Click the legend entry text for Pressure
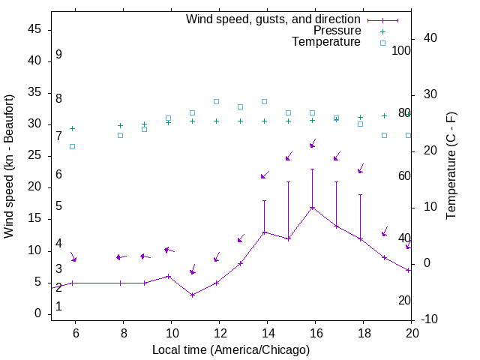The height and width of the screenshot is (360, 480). (337, 31)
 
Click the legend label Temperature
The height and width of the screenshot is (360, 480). (326, 42)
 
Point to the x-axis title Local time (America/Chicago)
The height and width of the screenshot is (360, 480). (230, 349)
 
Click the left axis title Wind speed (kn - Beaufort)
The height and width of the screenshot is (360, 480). (9, 166)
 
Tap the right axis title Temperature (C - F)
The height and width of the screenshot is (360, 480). (451, 166)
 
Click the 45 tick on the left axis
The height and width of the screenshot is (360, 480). (34, 29)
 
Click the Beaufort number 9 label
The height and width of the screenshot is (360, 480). (58, 55)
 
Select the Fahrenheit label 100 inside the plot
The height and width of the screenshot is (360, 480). (401, 51)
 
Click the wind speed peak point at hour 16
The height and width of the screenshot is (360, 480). (312, 208)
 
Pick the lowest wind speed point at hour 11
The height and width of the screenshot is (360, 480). (192, 295)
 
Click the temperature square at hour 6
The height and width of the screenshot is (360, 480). (72, 146)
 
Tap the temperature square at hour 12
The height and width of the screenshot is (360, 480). (216, 101)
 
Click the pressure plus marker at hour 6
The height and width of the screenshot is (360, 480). (72, 128)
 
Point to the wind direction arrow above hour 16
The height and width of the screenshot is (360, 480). (313, 143)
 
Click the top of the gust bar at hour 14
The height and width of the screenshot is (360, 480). (264, 200)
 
